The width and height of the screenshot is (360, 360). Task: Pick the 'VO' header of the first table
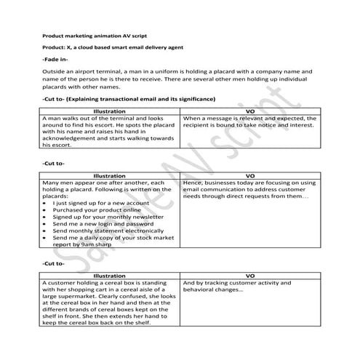(249, 111)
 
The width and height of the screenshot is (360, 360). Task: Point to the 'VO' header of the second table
(249, 176)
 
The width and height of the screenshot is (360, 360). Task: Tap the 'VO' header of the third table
(249, 276)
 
